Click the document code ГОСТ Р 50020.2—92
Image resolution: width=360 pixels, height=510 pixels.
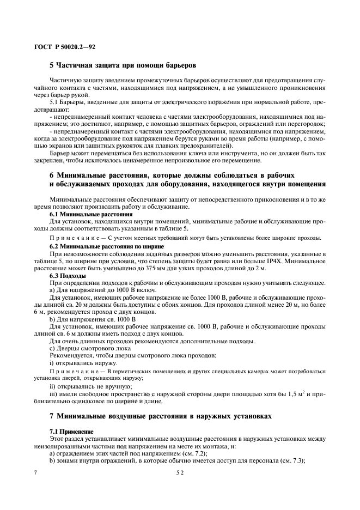tap(65, 47)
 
